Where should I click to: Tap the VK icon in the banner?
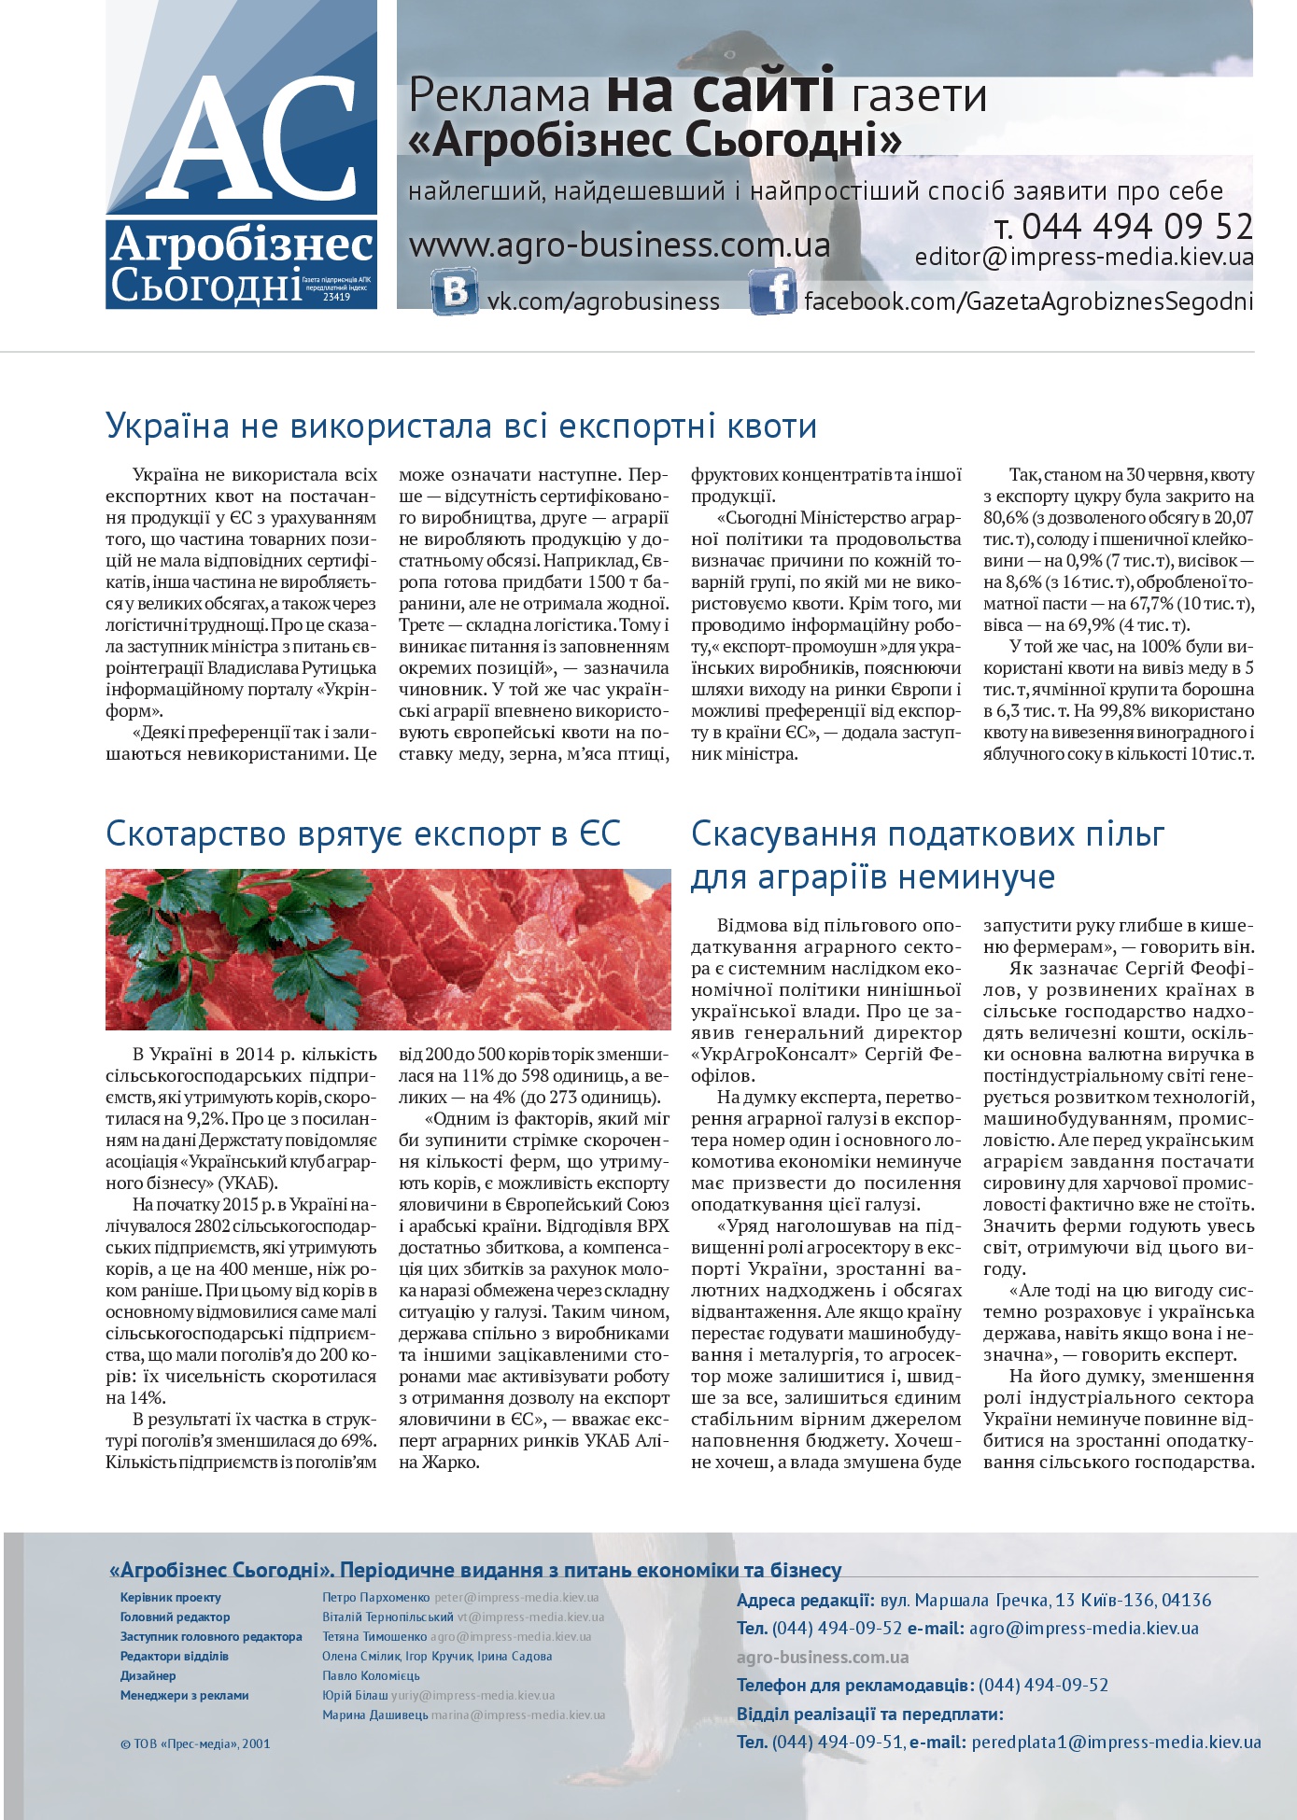(455, 291)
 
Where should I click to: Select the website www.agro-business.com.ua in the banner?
(619, 245)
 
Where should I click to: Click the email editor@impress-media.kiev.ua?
(1083, 258)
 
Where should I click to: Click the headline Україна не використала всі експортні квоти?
(461, 426)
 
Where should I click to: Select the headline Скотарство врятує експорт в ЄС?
(363, 833)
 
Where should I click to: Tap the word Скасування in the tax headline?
(782, 833)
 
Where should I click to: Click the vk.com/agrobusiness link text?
(603, 301)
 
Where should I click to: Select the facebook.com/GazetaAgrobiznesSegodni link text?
(1028, 301)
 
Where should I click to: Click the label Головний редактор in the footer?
(175, 1617)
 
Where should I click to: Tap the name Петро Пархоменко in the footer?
(375, 1598)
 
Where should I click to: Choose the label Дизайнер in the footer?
(148, 1675)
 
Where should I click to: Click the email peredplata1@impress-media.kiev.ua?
(1116, 1743)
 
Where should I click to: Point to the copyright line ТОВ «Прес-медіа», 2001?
(195, 1743)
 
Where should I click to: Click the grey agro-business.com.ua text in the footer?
(822, 1658)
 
